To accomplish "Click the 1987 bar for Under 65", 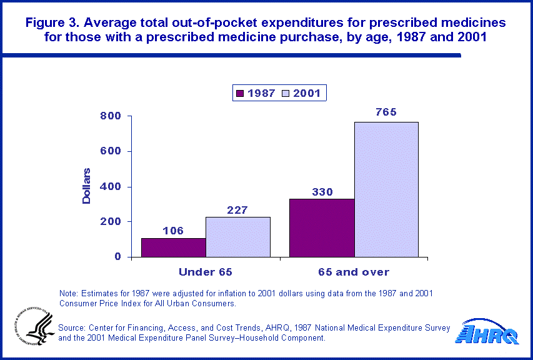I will click(x=173, y=247).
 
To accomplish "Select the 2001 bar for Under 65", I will click(x=238, y=237).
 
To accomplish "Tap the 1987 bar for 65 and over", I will click(x=322, y=227).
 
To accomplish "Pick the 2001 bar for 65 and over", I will click(x=386, y=189).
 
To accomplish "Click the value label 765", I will click(x=386, y=112).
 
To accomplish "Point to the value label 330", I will click(x=322, y=191).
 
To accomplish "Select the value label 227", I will click(x=238, y=209).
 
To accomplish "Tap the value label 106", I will click(x=173, y=231).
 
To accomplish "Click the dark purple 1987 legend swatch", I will click(x=239, y=94).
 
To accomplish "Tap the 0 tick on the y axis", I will click(x=117, y=257).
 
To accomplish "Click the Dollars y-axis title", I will click(x=87, y=186).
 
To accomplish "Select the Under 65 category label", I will click(x=206, y=272).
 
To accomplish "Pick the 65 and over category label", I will click(x=354, y=272).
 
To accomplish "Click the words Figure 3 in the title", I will click(x=52, y=23).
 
